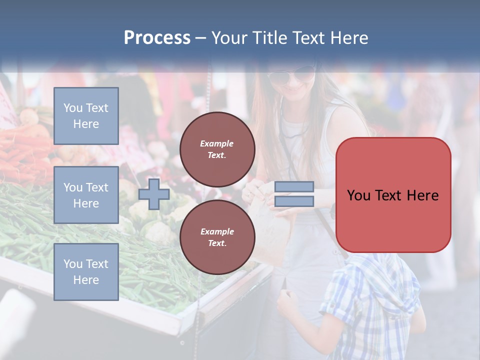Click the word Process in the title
pyautogui.click(x=157, y=38)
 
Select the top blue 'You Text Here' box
pyautogui.click(x=86, y=116)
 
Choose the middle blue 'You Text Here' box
pyautogui.click(x=86, y=195)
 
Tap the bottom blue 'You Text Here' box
pyautogui.click(x=86, y=272)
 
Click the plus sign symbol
pyautogui.click(x=153, y=194)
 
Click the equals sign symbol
pyautogui.click(x=294, y=194)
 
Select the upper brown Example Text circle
pyautogui.click(x=217, y=149)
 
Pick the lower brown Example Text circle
pyautogui.click(x=217, y=237)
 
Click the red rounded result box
pyautogui.click(x=393, y=195)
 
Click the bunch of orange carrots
pyautogui.click(x=20, y=150)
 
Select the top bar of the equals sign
pyautogui.click(x=294, y=187)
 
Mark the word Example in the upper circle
pyautogui.click(x=216, y=143)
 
